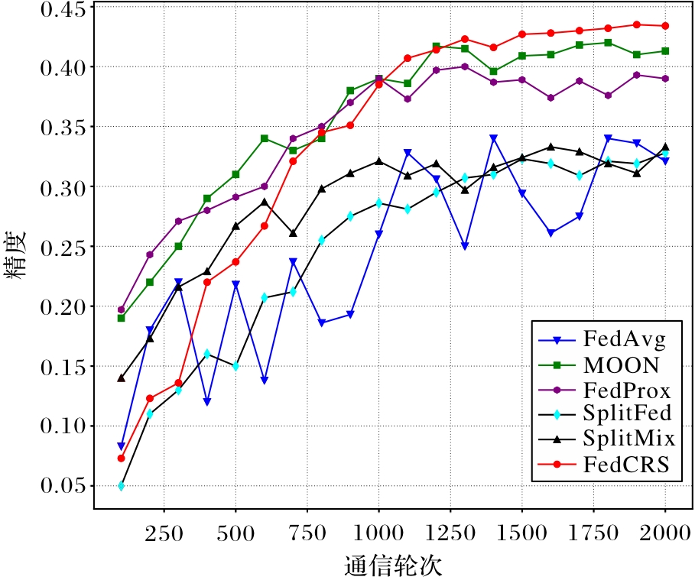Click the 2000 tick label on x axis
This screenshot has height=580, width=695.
tap(664, 535)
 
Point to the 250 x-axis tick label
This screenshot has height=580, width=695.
tap(163, 535)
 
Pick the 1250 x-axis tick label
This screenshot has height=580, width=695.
tap(450, 535)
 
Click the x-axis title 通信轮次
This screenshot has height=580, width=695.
tap(393, 566)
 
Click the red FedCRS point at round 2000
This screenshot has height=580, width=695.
tap(665, 26)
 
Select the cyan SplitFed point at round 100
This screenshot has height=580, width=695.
tap(121, 485)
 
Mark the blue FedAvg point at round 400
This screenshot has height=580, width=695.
tap(207, 402)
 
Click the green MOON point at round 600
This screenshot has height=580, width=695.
tap(265, 138)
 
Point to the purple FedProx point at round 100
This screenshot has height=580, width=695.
tap(121, 309)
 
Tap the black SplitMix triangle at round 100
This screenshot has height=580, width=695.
tap(121, 377)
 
